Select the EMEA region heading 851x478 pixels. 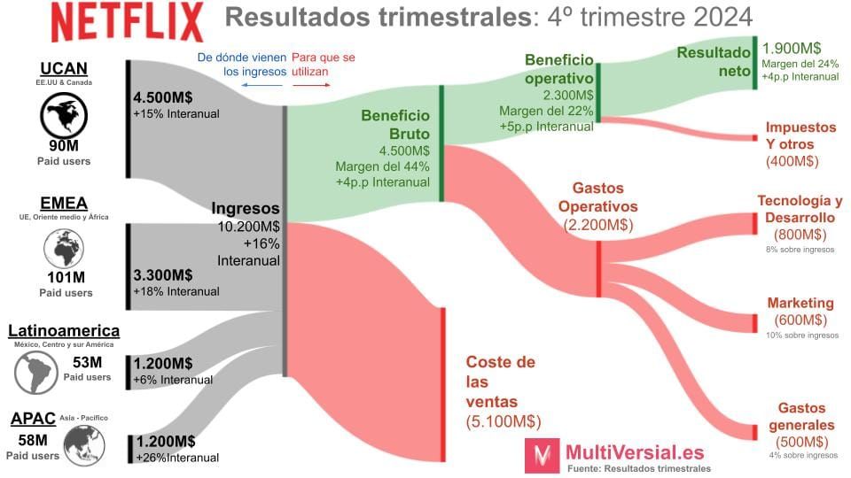tap(65, 202)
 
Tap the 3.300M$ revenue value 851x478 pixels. tap(163, 274)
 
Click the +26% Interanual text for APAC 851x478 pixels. tap(177, 458)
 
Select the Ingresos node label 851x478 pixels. tap(246, 209)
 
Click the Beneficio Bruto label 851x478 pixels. tap(394, 125)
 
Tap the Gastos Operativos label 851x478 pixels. tap(598, 197)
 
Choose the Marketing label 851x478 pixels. tap(800, 303)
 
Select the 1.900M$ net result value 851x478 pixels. tap(792, 48)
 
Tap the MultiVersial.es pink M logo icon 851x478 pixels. tap(541, 457)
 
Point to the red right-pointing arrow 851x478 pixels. tap(311, 86)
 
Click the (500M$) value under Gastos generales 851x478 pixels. tap(801, 442)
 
